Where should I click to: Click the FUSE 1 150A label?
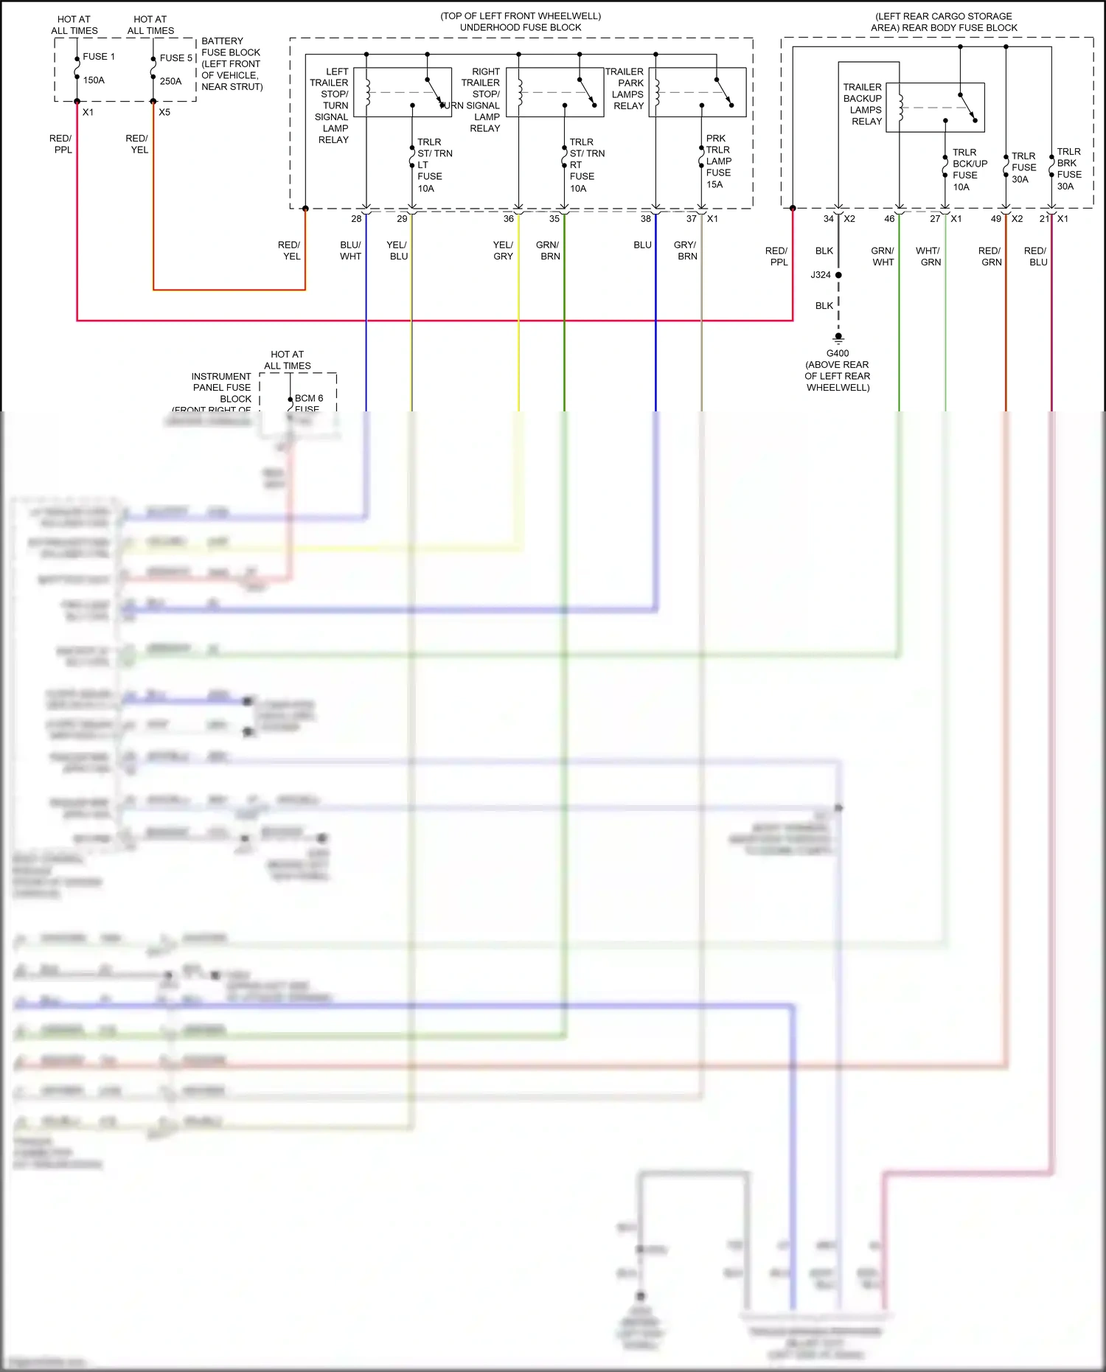pyautogui.click(x=97, y=68)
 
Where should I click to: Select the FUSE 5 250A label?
pyautogui.click(x=175, y=69)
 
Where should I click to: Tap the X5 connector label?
pyautogui.click(x=164, y=112)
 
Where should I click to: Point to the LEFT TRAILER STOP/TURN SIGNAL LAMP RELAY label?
pyautogui.click(x=331, y=105)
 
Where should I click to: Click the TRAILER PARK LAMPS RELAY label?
pyautogui.click(x=626, y=88)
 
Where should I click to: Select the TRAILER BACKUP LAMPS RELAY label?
pyautogui.click(x=863, y=104)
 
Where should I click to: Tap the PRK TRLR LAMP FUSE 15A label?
pyautogui.click(x=717, y=161)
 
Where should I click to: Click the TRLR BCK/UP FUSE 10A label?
pyautogui.click(x=969, y=170)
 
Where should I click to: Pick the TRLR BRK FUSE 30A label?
pyautogui.click(x=1068, y=169)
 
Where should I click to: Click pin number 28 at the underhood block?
pyautogui.click(x=356, y=219)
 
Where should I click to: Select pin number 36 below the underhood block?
pyautogui.click(x=508, y=219)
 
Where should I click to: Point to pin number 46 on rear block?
pyautogui.click(x=889, y=219)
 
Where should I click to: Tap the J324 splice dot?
pyautogui.click(x=838, y=275)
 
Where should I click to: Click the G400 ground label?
pyautogui.click(x=838, y=353)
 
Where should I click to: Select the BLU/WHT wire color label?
pyautogui.click(x=350, y=251)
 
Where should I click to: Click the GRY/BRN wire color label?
pyautogui.click(x=686, y=251)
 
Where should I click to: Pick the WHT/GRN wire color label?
pyautogui.click(x=929, y=257)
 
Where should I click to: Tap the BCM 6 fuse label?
pyautogui.click(x=308, y=399)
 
